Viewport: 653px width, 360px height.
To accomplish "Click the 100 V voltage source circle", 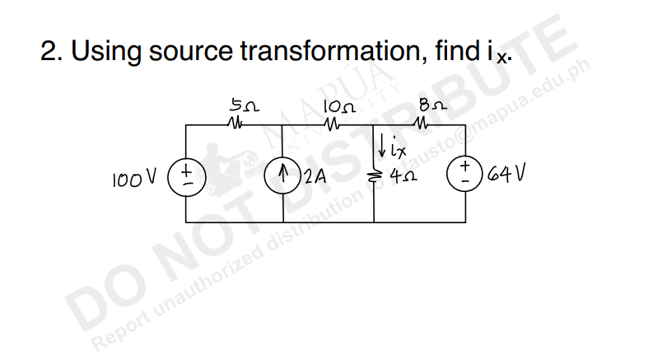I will coord(186,175).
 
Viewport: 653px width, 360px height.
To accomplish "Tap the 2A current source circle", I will coord(282,175).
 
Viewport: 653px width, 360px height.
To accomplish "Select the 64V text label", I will coord(505,175).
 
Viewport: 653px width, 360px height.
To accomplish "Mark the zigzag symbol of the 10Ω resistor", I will coord(333,125).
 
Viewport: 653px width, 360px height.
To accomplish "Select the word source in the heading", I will coord(191,53).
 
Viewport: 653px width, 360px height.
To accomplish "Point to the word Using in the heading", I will coord(104,53).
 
